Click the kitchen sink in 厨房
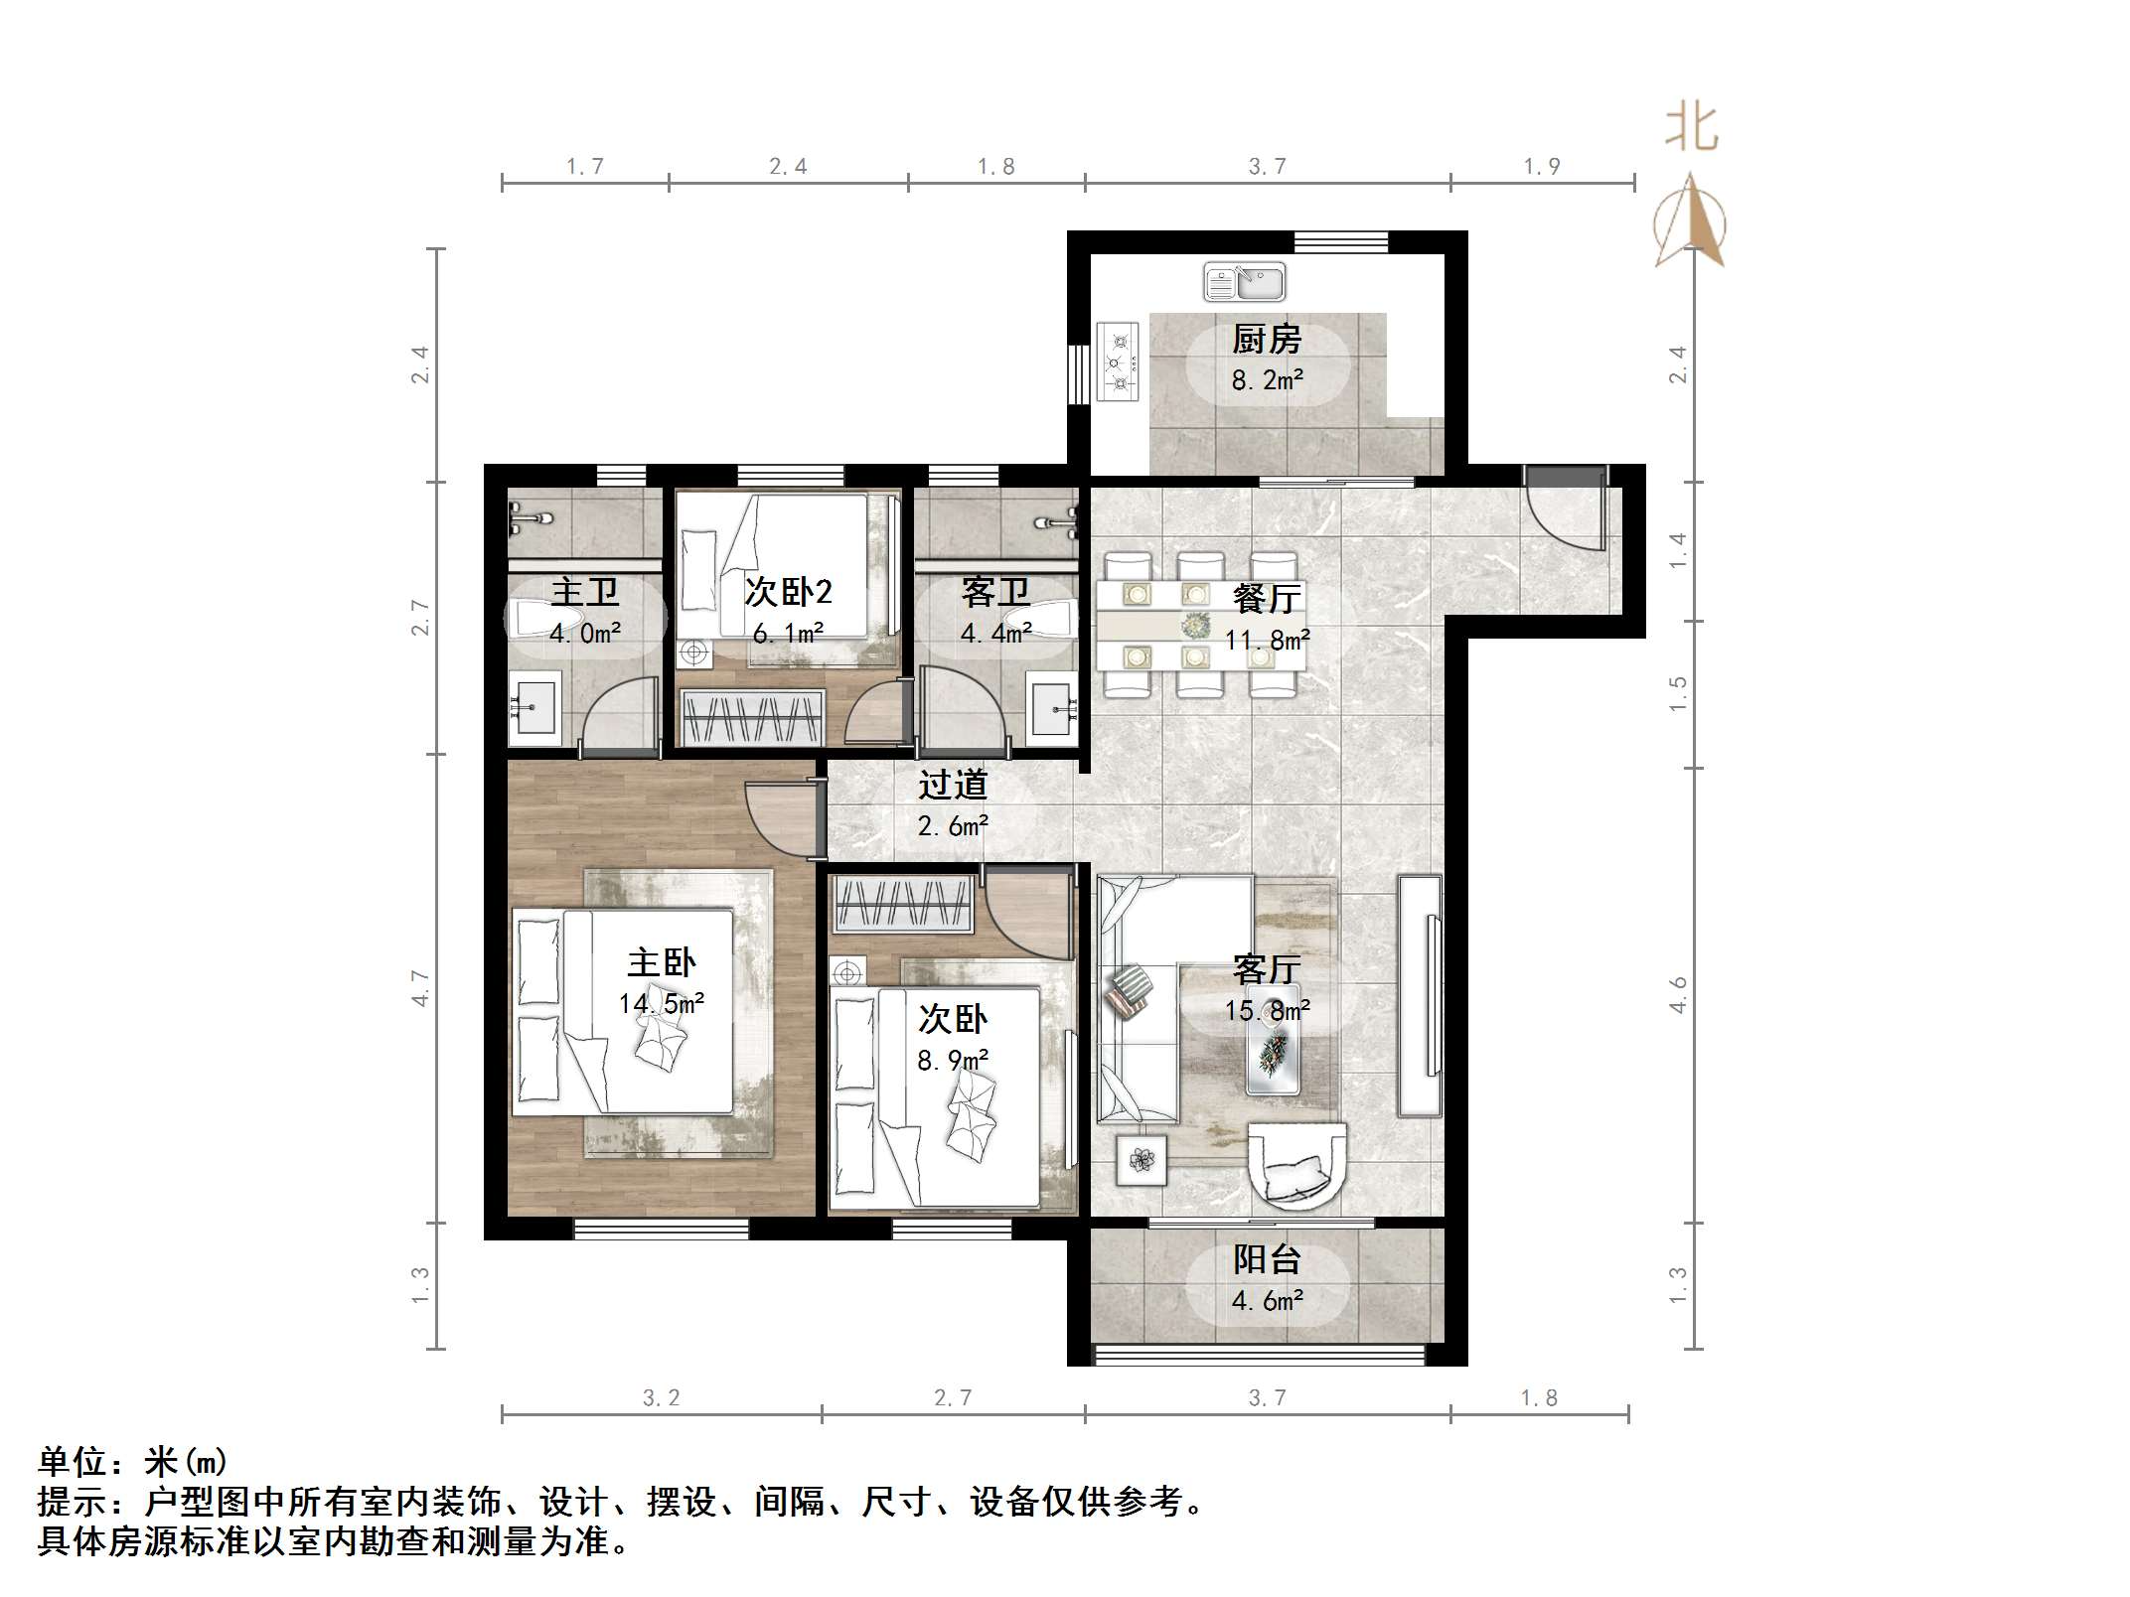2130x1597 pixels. [x=1245, y=282]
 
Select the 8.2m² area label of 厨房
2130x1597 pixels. [x=1267, y=380]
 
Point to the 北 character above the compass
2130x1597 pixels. [x=1691, y=130]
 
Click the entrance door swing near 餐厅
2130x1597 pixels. [x=1566, y=516]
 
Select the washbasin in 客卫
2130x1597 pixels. [x=1052, y=707]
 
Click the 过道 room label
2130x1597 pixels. [x=953, y=785]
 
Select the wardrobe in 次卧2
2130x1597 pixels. [x=752, y=717]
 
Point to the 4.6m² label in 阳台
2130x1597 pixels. [x=1267, y=1301]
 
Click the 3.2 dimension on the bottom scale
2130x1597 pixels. [x=661, y=1398]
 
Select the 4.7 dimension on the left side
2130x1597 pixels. [x=421, y=988]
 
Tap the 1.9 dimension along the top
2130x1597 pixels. [x=1542, y=167]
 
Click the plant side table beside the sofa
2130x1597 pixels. [x=1141, y=1159]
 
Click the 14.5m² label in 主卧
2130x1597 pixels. [x=661, y=1004]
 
